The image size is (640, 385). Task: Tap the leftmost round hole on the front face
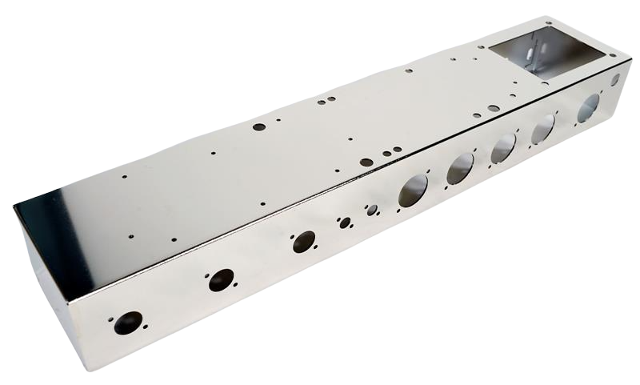click(x=128, y=323)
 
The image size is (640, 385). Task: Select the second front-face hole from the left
click(x=220, y=280)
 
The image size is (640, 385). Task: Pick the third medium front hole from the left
click(x=303, y=242)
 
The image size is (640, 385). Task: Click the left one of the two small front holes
click(x=345, y=223)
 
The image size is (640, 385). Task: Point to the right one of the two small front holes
click(x=372, y=211)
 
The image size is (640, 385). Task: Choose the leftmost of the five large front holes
click(x=414, y=190)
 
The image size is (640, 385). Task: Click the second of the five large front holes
click(x=460, y=168)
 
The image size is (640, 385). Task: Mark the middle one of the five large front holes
click(x=503, y=148)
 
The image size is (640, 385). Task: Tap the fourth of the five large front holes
click(x=543, y=128)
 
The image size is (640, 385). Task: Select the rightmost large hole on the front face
click(x=589, y=106)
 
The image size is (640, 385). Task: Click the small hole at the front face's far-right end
click(x=614, y=80)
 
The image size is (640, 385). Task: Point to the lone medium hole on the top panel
click(x=258, y=126)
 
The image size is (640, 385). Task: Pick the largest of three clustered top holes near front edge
click(x=366, y=162)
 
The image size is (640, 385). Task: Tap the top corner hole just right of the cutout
click(x=614, y=54)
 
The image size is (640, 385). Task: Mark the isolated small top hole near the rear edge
click(x=409, y=70)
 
